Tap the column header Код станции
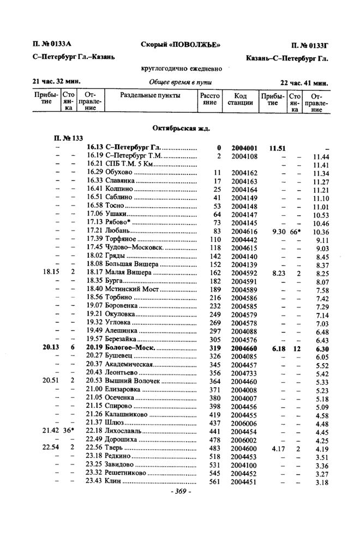pos(240,99)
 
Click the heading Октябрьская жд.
pos(183,129)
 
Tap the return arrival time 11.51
pos(278,148)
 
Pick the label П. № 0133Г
pos(309,44)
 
